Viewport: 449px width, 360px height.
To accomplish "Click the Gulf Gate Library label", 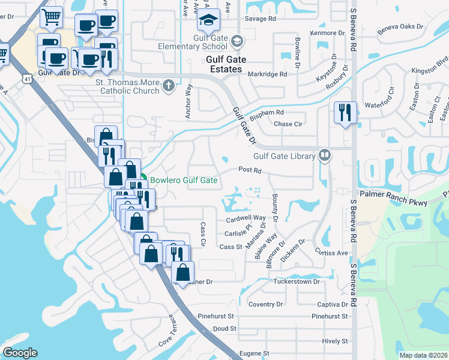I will pyautogui.click(x=284, y=157).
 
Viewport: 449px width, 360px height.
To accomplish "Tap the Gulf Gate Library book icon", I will pyautogui.click(x=325, y=156).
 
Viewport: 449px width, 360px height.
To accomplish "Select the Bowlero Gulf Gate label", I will pyautogui.click(x=183, y=179).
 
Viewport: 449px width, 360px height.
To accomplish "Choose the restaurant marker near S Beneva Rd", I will pyautogui.click(x=345, y=112).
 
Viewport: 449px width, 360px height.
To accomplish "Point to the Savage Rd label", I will pyautogui.click(x=264, y=19).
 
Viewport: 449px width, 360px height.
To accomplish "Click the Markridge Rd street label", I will pyautogui.click(x=267, y=74).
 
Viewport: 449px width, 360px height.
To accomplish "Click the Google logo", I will pyautogui.click(x=20, y=353).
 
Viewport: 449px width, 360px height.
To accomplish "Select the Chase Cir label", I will pyautogui.click(x=288, y=124).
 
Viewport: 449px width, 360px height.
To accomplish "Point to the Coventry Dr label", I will pyautogui.click(x=265, y=304).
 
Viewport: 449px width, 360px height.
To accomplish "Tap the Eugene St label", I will pyautogui.click(x=253, y=354).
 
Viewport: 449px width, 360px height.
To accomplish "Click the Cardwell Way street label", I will pyautogui.click(x=246, y=218).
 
